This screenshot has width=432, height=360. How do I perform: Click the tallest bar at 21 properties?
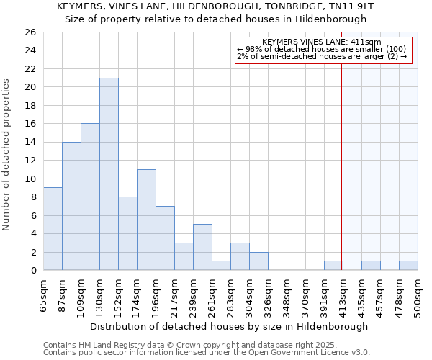(x=109, y=174)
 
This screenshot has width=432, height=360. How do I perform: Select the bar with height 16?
(x=90, y=197)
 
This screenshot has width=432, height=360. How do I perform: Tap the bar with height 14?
(x=71, y=206)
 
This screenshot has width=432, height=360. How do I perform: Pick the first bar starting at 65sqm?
(x=53, y=229)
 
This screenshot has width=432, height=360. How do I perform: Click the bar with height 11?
(x=146, y=220)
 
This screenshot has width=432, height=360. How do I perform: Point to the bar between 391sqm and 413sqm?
(x=333, y=266)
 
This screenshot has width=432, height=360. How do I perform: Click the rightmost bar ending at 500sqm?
(x=408, y=266)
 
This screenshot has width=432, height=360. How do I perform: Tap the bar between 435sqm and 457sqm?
(x=371, y=266)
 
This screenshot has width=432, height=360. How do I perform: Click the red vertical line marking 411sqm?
(x=342, y=166)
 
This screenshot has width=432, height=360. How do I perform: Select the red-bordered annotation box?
(x=323, y=50)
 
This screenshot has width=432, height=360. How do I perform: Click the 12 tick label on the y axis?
(x=30, y=161)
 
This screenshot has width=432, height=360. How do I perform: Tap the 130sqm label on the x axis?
(x=100, y=295)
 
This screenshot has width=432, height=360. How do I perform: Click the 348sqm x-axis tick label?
(x=287, y=295)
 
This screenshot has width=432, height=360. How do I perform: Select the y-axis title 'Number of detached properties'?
(x=7, y=155)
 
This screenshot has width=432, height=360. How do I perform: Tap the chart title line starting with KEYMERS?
(x=216, y=6)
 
